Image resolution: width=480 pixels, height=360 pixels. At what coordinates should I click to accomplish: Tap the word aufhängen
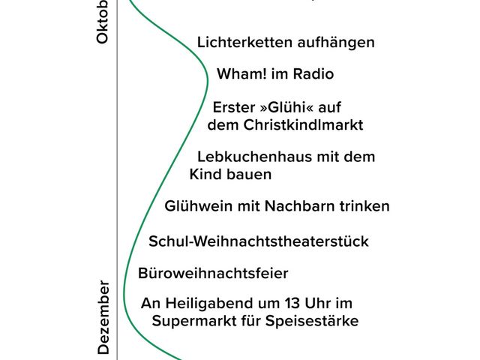332,43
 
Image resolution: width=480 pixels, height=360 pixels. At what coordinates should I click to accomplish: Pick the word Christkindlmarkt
304,125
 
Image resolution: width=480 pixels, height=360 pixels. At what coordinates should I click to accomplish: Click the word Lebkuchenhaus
249,157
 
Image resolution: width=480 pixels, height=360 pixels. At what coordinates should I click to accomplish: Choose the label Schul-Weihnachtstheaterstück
259,241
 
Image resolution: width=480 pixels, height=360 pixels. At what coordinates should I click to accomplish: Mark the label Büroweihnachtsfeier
213,273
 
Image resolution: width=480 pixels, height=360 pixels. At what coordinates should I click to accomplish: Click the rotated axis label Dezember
103,319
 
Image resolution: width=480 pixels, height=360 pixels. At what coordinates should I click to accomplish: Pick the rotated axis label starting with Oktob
103,21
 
